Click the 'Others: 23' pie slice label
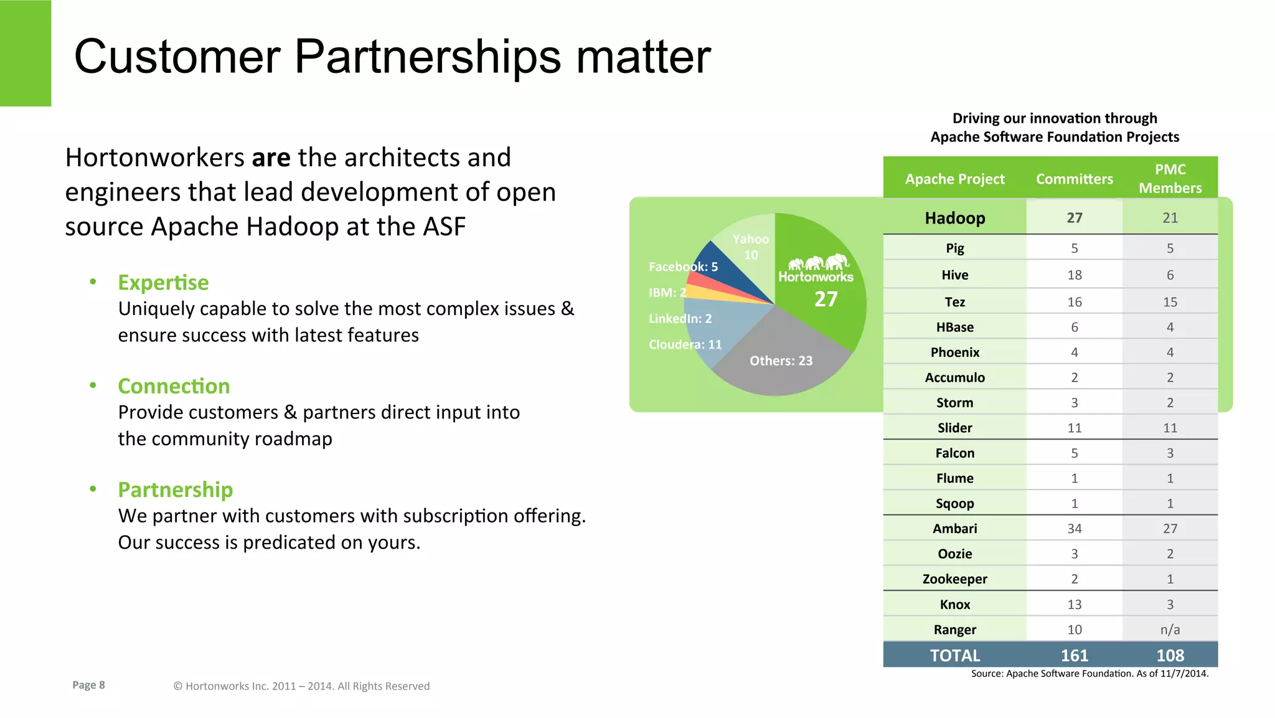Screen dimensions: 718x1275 click(781, 361)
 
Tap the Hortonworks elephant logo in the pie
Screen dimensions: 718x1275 click(818, 263)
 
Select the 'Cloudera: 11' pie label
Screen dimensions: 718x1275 click(685, 344)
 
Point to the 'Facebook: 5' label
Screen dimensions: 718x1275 click(683, 267)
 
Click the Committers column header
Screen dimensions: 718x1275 click(1074, 179)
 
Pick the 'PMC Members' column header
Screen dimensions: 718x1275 click(1170, 179)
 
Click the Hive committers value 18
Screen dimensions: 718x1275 click(1074, 275)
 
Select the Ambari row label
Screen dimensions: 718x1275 click(954, 529)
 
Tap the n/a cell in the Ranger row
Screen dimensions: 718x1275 click(1170, 630)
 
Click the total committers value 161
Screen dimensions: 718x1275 click(1074, 655)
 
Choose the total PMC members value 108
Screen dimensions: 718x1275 click(1170, 655)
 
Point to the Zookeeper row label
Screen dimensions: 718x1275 click(954, 579)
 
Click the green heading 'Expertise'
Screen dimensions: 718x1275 click(163, 283)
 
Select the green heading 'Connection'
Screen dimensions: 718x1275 click(174, 386)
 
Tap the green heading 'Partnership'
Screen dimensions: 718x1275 click(175, 489)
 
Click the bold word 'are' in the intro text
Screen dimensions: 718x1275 click(271, 158)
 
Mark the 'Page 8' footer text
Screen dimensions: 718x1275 click(88, 685)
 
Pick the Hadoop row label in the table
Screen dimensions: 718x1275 click(954, 218)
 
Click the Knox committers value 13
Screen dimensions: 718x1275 click(1074, 605)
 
